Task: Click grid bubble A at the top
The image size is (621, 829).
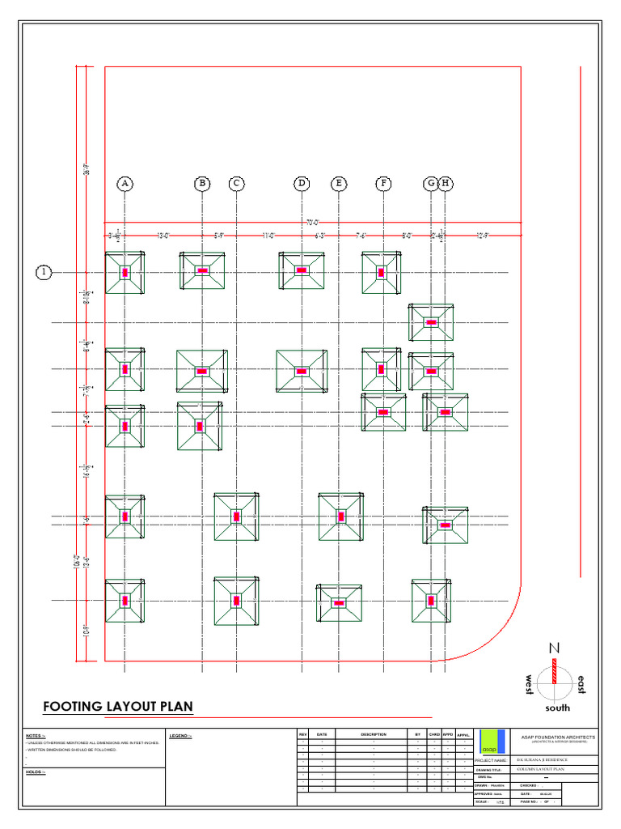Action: (x=125, y=184)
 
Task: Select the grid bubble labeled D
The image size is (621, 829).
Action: (x=302, y=184)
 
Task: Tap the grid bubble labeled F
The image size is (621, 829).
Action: (x=383, y=184)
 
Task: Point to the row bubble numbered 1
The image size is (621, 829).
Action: (x=42, y=273)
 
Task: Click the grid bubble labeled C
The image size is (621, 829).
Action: (x=236, y=184)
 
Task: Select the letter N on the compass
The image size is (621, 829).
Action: (x=555, y=648)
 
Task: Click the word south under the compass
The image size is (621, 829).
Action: (x=557, y=708)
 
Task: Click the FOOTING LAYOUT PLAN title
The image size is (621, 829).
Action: (x=118, y=706)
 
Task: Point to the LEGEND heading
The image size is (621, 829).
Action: (x=180, y=735)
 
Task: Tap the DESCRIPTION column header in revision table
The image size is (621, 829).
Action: (x=374, y=734)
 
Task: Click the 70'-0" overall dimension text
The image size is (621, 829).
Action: (x=312, y=222)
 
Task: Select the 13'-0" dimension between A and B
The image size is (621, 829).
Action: (x=163, y=236)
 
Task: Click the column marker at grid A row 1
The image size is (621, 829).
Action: (x=125, y=273)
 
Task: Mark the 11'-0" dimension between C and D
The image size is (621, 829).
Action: (x=268, y=236)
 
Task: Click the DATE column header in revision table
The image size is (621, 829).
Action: (x=322, y=734)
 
